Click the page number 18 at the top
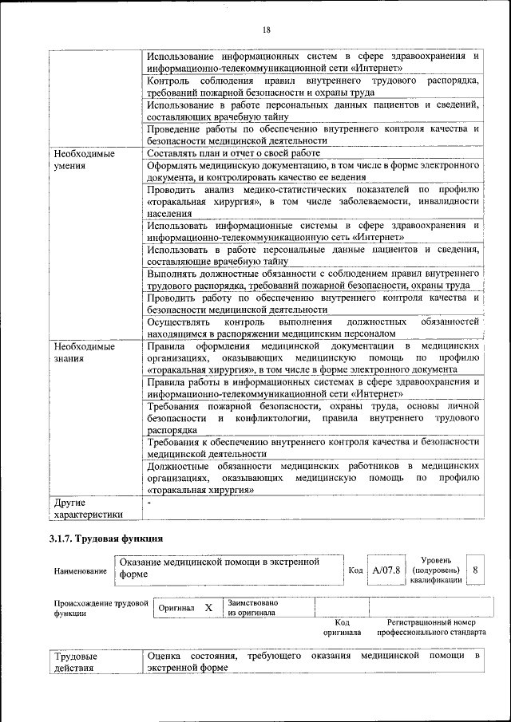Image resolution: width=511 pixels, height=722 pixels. tap(267, 30)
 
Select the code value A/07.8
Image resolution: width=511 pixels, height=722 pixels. tap(386, 570)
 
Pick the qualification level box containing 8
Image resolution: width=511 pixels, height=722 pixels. tap(475, 570)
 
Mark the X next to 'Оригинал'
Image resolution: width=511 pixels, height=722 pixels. tap(208, 608)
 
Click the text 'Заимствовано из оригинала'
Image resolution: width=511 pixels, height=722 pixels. tap(252, 608)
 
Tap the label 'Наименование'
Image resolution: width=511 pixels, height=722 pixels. tap(80, 571)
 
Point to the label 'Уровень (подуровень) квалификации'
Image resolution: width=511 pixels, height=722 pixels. tap(435, 570)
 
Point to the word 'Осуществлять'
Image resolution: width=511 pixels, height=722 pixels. tap(177, 321)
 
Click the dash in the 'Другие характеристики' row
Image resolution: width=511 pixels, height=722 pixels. tap(149, 503)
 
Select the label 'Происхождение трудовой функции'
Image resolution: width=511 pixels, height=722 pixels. tap(101, 608)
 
